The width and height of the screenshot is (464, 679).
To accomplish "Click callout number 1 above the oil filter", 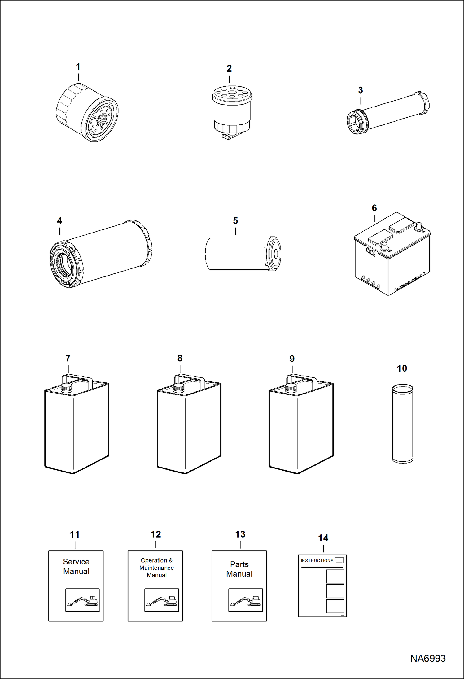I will point(78,67).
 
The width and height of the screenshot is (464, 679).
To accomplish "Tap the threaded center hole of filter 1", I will point(101,120).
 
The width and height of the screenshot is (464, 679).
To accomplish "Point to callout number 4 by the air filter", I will point(59,220).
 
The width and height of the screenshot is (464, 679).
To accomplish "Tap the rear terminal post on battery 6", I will point(419,226).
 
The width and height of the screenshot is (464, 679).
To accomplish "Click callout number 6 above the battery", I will point(374,208).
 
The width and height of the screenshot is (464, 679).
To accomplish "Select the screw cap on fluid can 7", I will point(66,388).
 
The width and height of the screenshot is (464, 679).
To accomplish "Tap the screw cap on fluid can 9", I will point(291,388).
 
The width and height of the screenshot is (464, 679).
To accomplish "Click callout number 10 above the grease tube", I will point(402,368).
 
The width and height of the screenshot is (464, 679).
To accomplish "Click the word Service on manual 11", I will point(76,562).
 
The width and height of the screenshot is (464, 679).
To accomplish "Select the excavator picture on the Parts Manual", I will point(245,600).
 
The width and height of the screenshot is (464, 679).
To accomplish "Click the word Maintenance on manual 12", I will point(156,568).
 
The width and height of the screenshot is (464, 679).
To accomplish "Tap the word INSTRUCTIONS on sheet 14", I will point(317,561).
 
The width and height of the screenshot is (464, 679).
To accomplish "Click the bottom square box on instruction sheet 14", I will point(335,606).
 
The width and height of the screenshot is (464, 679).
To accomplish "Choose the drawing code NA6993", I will point(428,658).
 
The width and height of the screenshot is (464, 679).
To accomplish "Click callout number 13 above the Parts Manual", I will point(240,534).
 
